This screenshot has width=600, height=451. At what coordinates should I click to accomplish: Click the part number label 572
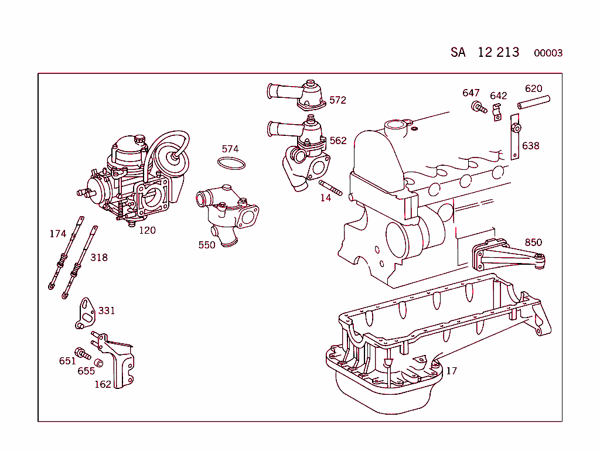click(337, 100)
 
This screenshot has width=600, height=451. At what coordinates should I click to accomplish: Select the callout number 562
click(338, 141)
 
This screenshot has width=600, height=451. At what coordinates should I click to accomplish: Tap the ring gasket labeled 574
click(231, 163)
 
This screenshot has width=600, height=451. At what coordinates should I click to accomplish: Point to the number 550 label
click(207, 245)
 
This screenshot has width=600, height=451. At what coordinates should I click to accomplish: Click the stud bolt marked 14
click(330, 188)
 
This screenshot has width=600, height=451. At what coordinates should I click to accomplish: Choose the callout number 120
click(147, 230)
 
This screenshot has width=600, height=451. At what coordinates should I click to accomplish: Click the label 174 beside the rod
click(57, 234)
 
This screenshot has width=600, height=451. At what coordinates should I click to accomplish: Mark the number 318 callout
click(99, 257)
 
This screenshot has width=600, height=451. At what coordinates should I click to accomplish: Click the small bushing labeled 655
click(99, 363)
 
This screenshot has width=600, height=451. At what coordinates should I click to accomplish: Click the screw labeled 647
click(478, 108)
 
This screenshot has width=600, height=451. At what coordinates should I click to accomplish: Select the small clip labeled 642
click(497, 111)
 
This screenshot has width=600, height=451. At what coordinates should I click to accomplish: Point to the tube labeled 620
click(533, 102)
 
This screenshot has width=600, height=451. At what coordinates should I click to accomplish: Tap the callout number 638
click(530, 146)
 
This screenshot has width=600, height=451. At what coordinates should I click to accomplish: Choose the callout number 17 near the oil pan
click(451, 371)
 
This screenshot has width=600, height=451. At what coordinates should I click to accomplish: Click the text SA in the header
click(458, 52)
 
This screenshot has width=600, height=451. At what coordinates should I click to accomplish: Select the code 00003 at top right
click(548, 53)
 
